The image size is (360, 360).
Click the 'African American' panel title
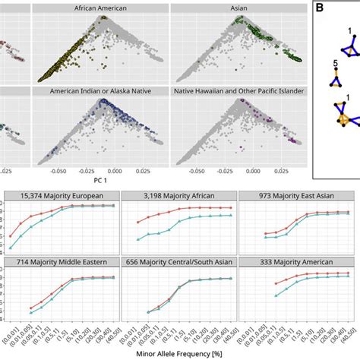[100, 8]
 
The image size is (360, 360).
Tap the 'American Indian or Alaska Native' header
[100, 91]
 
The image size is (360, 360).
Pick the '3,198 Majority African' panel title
[179, 195]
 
